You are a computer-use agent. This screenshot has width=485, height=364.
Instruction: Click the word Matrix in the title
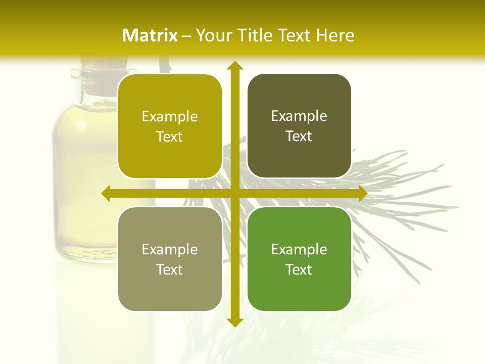[150, 35]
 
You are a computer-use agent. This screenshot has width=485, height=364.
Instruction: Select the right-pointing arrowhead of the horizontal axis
[362, 193]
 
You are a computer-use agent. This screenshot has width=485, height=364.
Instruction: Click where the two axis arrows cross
[234, 193]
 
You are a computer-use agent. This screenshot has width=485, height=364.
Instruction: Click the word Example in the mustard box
[170, 117]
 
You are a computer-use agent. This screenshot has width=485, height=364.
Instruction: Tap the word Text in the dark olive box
[299, 136]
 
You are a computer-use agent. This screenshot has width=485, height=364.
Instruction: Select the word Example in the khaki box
[170, 249]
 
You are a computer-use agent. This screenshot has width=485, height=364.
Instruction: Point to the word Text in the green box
[299, 269]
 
